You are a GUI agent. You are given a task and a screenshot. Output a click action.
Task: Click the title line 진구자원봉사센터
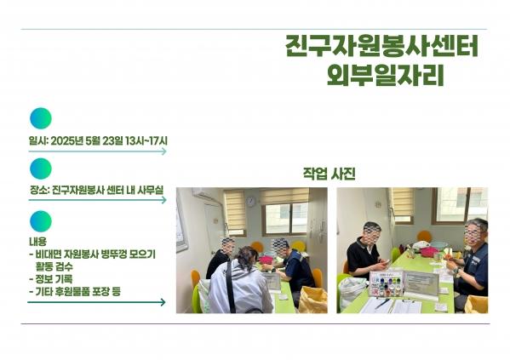coord(381,46)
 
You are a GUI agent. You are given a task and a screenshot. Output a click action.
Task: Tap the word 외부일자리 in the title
coord(386,75)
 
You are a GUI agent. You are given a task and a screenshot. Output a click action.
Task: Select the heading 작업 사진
coord(329,174)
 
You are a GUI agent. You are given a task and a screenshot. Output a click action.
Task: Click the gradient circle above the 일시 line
coord(41,118)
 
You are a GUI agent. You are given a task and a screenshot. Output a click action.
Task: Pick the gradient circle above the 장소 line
coord(41,169)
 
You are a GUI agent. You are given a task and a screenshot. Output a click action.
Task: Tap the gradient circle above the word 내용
coord(41,221)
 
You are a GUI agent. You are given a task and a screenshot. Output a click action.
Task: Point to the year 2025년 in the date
coord(67,140)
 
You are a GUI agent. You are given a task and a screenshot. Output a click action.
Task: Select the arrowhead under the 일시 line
coord(164,151)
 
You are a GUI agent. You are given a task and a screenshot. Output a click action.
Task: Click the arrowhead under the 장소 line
coord(164,200)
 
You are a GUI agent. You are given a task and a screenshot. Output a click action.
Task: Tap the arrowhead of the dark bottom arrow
coord(163,302)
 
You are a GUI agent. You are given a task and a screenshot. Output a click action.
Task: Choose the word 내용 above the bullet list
coord(37,242)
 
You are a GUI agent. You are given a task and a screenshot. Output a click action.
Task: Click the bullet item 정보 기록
coord(51,279)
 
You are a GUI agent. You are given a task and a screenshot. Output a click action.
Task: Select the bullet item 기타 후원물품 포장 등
coord(75,291)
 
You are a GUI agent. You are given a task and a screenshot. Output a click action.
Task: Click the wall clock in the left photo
coord(251,202)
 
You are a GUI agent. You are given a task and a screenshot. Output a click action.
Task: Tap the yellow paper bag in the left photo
coord(312,300)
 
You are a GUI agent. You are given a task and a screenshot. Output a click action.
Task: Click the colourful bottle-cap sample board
coord(386,283)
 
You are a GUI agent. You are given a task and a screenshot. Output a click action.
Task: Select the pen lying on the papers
coord(382,304)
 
